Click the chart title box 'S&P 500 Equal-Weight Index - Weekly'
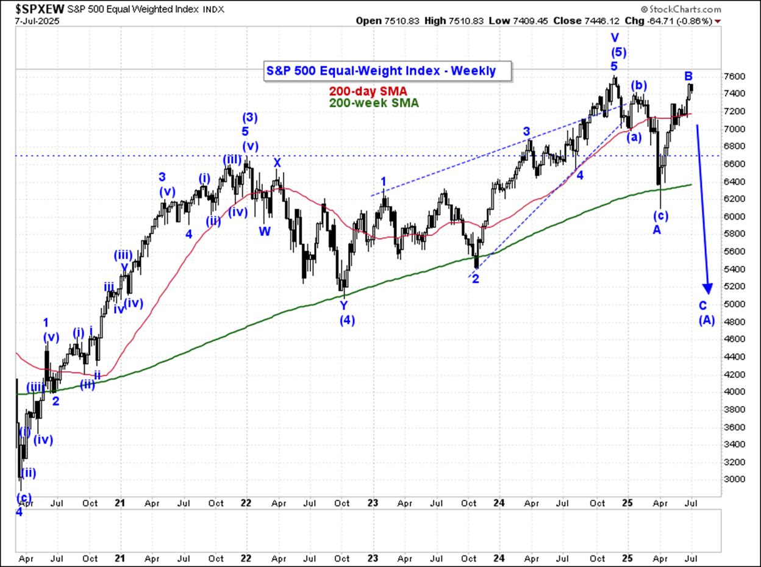[381, 71]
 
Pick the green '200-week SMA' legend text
[374, 103]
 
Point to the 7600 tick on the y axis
[737, 76]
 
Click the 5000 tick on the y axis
[737, 304]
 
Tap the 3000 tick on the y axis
[737, 479]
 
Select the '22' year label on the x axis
[246, 503]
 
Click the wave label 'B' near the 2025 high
[688, 76]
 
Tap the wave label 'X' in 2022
[277, 163]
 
